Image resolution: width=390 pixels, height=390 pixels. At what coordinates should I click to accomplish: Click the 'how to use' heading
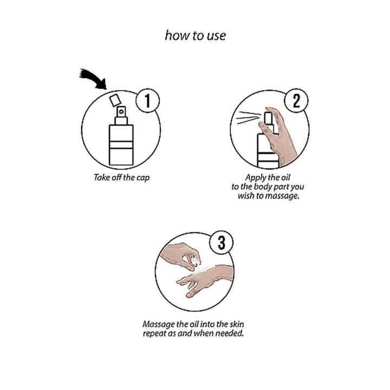tap(196, 36)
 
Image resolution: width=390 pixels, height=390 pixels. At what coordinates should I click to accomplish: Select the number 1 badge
tap(148, 101)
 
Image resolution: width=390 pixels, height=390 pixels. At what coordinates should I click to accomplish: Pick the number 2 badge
tap(296, 101)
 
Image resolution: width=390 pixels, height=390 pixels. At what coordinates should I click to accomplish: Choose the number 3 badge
tap(222, 243)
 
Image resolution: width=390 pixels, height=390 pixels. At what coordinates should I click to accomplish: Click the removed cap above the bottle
tap(115, 100)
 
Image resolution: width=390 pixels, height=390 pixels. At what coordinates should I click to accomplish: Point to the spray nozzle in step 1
tap(121, 112)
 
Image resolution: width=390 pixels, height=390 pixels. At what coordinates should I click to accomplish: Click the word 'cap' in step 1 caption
tap(143, 178)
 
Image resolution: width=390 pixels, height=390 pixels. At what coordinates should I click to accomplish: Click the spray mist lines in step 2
tap(249, 118)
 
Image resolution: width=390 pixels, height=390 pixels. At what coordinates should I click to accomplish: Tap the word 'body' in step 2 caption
tap(263, 187)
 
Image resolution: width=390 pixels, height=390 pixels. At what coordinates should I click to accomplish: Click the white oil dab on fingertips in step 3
tap(196, 259)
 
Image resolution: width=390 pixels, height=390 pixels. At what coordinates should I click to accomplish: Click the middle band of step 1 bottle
tap(121, 145)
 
